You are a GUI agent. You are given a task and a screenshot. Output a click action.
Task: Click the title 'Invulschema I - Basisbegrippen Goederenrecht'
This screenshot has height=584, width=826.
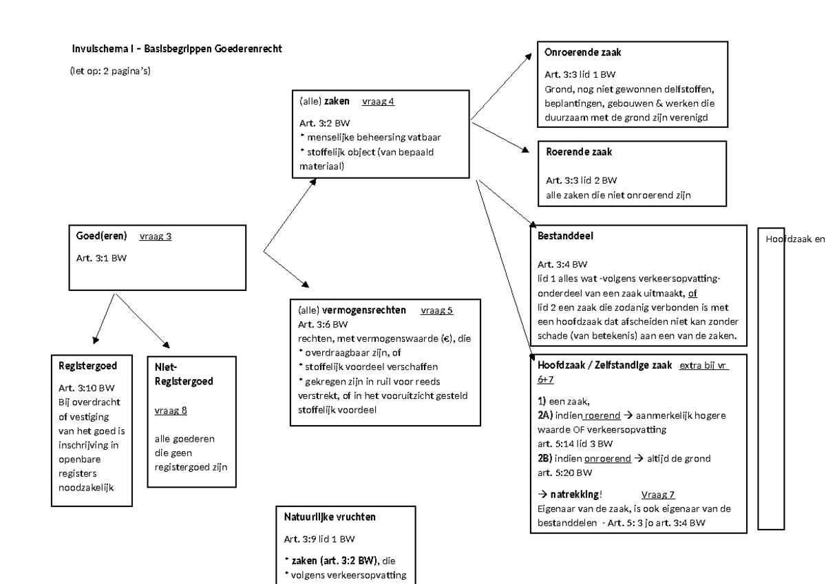click(x=177, y=50)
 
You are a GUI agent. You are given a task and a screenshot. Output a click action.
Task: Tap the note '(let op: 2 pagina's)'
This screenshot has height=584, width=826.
click(x=110, y=71)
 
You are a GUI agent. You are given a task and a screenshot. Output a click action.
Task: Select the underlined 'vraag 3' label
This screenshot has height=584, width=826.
click(x=155, y=237)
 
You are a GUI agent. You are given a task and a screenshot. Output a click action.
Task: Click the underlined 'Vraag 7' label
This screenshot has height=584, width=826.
click(x=657, y=495)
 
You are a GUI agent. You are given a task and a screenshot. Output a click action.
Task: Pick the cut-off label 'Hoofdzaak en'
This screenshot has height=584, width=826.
click(x=795, y=239)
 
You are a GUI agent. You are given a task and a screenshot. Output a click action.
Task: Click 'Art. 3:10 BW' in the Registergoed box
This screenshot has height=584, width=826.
click(x=87, y=388)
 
